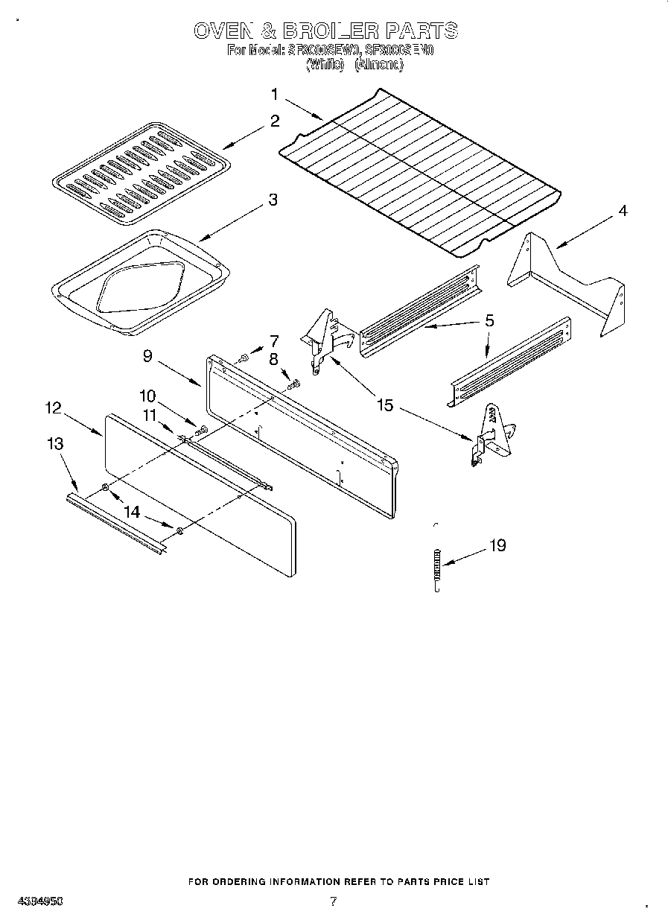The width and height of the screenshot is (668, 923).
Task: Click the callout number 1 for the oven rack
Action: point(274,95)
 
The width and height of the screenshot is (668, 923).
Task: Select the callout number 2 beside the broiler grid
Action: point(275,121)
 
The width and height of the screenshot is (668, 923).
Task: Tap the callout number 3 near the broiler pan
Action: point(273,200)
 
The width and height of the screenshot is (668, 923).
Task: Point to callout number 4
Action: point(622,211)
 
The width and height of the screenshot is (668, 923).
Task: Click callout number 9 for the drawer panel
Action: point(147,356)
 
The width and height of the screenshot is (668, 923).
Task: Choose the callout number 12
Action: point(53,407)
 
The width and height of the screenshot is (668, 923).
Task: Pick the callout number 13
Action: point(54,444)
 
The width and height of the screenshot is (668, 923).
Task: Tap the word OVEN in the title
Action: point(222,31)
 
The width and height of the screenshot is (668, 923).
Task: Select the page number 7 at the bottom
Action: point(333,901)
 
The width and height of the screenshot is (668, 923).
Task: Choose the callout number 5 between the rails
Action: point(489,321)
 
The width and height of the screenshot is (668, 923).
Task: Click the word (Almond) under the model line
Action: point(379,65)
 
